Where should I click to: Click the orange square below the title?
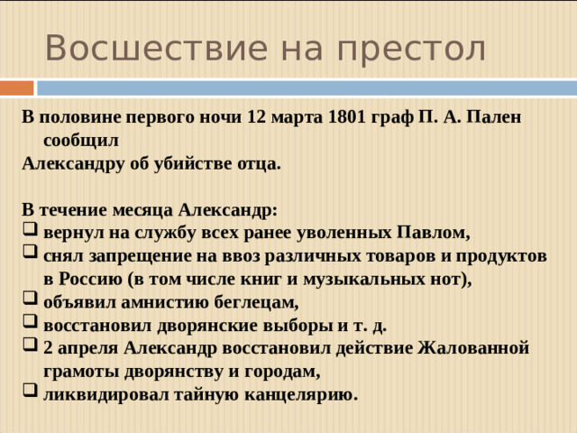[17, 88]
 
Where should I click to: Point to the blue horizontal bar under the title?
[307, 88]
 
